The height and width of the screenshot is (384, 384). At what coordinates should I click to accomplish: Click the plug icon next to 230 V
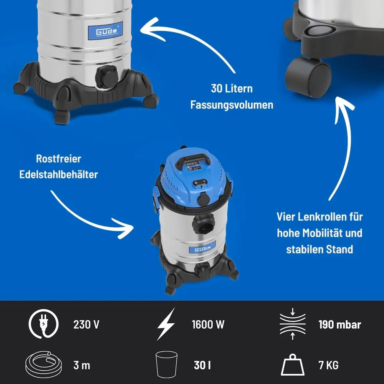43,324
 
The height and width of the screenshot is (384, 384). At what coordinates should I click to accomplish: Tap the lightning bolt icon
166,324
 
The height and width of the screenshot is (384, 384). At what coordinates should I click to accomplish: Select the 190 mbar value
339,324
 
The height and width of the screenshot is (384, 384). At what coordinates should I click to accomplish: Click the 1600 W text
208,324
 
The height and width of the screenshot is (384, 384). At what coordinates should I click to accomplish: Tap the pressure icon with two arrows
293,324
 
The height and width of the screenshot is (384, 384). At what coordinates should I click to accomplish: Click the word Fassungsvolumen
232,104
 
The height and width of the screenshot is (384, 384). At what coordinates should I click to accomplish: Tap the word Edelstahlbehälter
59,174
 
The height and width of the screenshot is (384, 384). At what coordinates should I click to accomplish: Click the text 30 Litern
232,89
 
